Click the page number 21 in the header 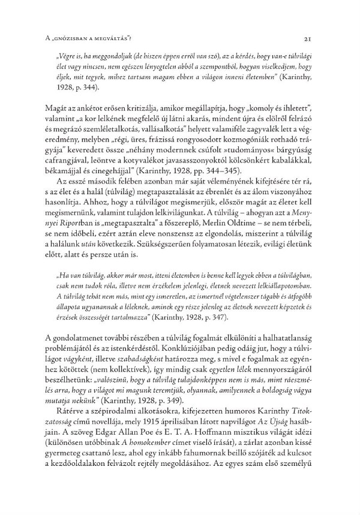coord(307,39)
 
